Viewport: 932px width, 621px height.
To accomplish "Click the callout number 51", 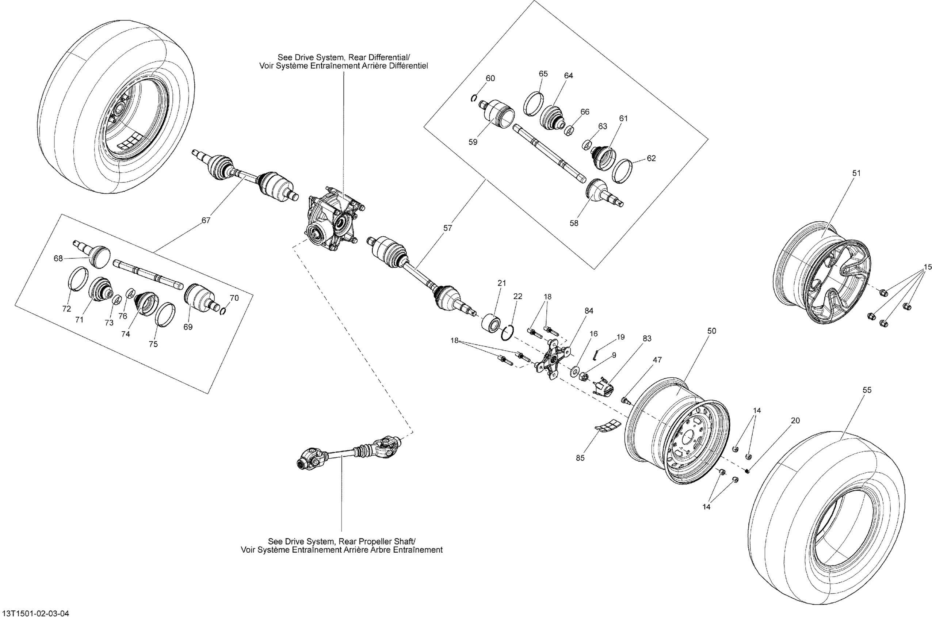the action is click(856, 173).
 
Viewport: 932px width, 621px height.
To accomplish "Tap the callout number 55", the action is click(867, 390).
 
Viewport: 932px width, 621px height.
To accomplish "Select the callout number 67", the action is click(206, 221).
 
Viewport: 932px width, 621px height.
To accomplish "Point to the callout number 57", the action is click(447, 228).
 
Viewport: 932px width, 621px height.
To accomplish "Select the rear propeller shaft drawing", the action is click(350, 452).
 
